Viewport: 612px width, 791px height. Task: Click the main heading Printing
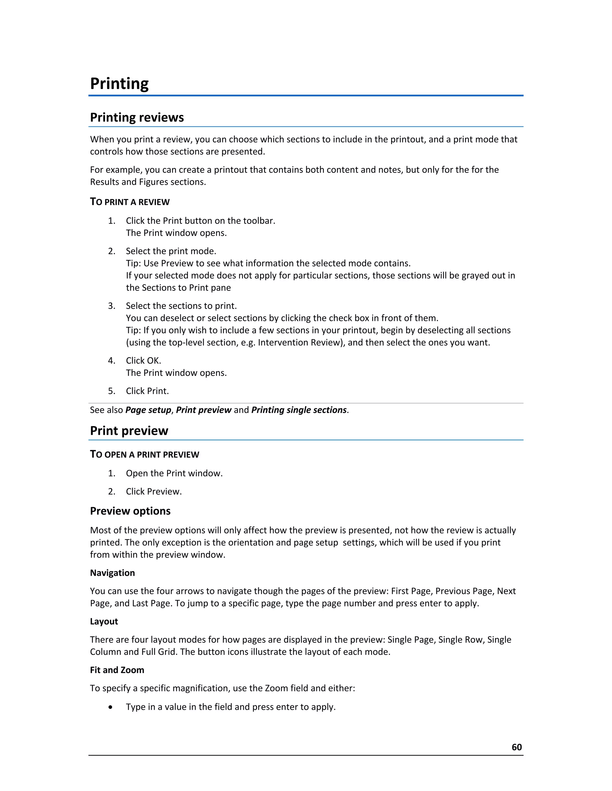pos(119,84)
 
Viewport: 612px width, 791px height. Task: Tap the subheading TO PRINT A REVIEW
pos(129,202)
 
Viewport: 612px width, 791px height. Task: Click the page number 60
pos(516,747)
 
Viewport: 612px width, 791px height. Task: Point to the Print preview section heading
pos(129,431)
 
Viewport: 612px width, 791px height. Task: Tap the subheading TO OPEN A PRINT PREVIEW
pos(144,454)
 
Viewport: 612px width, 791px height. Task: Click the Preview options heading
pos(130,511)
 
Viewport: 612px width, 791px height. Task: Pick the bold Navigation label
pos(112,573)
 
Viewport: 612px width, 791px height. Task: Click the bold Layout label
pos(104,621)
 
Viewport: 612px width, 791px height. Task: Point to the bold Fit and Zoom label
pos(117,670)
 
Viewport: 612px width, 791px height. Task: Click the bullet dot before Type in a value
pos(111,707)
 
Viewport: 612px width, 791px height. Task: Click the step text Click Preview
pos(154,492)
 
